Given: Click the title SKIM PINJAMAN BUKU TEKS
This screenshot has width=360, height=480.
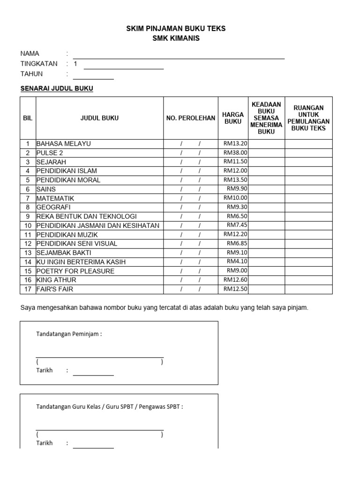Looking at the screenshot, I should tap(176, 29).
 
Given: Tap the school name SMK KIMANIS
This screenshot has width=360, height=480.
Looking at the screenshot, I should tap(176, 38).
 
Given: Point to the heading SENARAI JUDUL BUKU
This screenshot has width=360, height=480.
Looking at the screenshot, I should tap(57, 89).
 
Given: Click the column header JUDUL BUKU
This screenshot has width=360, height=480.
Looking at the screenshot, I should tap(99, 118).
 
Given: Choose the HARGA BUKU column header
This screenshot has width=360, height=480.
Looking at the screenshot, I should tap(233, 118).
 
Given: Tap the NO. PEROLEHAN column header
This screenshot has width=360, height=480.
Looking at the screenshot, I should tap(191, 118).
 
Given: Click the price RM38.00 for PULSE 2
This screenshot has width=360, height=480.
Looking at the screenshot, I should tap(235, 153).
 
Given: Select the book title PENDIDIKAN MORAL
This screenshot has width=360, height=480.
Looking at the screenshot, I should tap(68, 180).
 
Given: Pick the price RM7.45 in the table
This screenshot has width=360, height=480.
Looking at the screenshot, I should tap(237, 225).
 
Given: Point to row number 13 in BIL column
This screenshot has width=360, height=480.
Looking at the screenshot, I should tap(28, 253).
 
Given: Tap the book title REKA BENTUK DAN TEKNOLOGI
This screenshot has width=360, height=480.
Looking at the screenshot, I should tap(86, 217).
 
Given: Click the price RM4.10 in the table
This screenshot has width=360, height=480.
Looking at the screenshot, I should tap(237, 262).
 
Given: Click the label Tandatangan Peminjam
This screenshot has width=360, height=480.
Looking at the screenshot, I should tap(69, 334).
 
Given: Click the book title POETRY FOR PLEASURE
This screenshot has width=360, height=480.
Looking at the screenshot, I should tap(75, 271).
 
